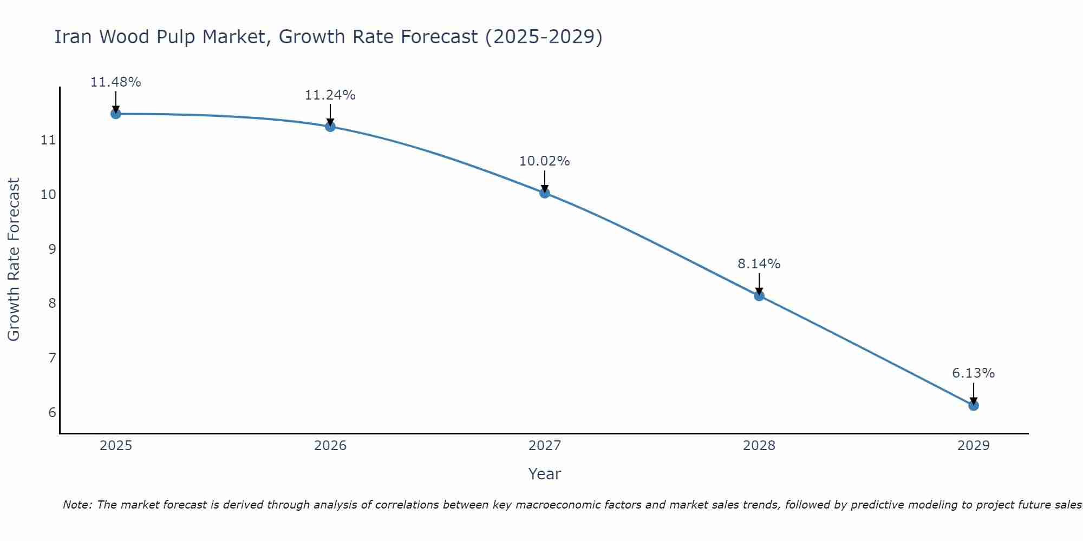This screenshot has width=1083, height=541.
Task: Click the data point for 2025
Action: (x=115, y=114)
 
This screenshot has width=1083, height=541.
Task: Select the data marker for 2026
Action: (x=330, y=127)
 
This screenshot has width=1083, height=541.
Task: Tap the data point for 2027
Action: (x=545, y=193)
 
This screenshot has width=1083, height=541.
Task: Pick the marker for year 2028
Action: (x=759, y=296)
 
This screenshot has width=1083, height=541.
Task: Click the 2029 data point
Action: (x=973, y=405)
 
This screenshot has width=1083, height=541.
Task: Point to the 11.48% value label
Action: (x=115, y=82)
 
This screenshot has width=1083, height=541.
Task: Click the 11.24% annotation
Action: (x=330, y=95)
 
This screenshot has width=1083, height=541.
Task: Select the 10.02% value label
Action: (x=544, y=161)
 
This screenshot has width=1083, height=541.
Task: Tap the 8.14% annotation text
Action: (x=759, y=264)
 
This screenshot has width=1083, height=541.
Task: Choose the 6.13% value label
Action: (x=973, y=373)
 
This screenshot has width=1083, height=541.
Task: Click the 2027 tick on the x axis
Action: (x=545, y=446)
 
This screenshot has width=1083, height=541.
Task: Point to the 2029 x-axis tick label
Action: (x=973, y=446)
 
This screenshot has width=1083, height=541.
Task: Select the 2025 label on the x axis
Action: (x=116, y=446)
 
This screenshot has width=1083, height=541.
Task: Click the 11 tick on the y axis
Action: (x=48, y=141)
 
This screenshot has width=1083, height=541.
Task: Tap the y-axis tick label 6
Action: (x=52, y=413)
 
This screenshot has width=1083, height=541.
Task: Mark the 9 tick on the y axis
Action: (x=52, y=249)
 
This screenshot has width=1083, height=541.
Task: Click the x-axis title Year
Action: (x=544, y=474)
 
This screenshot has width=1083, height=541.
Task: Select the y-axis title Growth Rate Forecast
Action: (x=14, y=260)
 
